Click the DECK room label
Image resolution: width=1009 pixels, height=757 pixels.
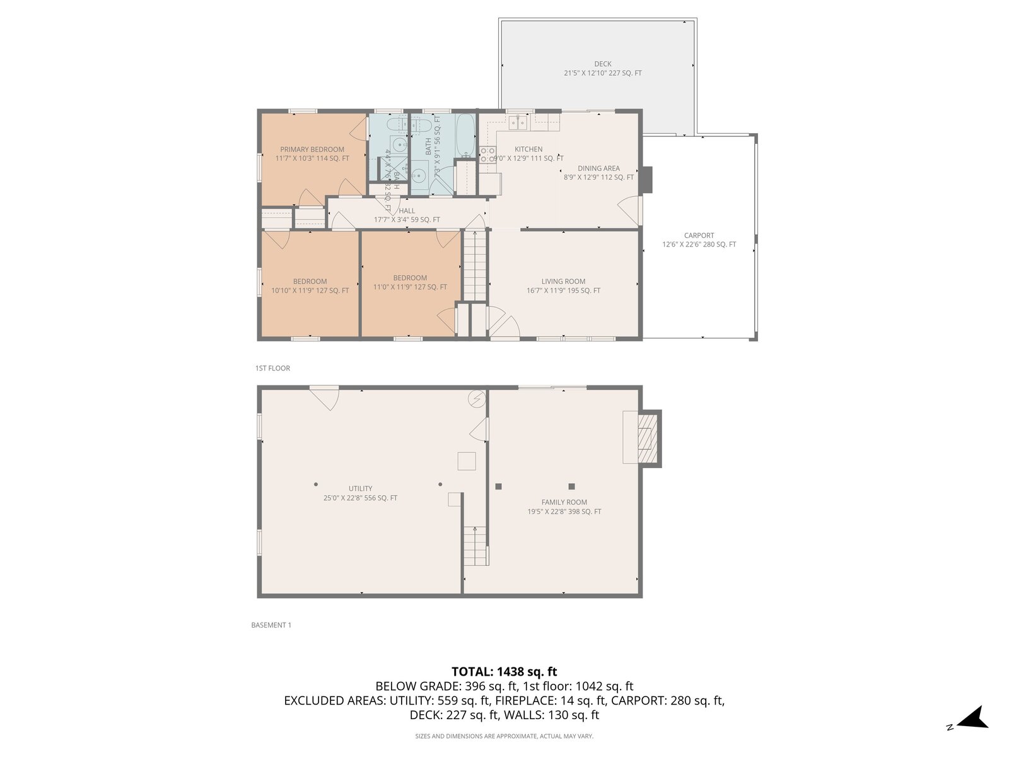click(x=602, y=64)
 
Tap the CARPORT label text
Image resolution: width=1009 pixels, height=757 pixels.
click(x=699, y=235)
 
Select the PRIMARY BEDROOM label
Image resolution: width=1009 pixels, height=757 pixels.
click(x=312, y=150)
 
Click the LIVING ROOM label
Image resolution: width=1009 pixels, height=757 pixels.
click(x=563, y=281)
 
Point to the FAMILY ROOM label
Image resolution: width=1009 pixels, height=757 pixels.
click(x=564, y=502)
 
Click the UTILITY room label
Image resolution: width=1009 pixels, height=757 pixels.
click(x=360, y=488)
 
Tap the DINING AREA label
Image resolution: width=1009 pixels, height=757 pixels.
click(x=598, y=168)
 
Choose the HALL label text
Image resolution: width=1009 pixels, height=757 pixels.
click(x=407, y=211)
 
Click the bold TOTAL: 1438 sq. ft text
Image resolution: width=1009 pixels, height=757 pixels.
click(x=504, y=672)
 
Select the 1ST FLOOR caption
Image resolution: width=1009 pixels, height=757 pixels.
click(x=272, y=368)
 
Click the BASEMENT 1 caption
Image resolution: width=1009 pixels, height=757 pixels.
click(x=271, y=625)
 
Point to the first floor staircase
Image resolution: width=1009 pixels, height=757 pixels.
click(x=476, y=265)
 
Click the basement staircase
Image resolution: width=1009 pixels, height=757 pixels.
click(x=475, y=545)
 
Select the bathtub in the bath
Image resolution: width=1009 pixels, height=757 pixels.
click(x=465, y=135)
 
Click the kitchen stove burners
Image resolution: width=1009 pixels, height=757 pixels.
click(x=487, y=155)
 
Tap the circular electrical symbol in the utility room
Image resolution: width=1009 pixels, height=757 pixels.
click(x=476, y=399)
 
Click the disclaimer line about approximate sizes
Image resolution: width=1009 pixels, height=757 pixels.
click(x=504, y=736)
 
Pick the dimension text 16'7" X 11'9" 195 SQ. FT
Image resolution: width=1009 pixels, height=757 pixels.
click(x=563, y=291)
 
